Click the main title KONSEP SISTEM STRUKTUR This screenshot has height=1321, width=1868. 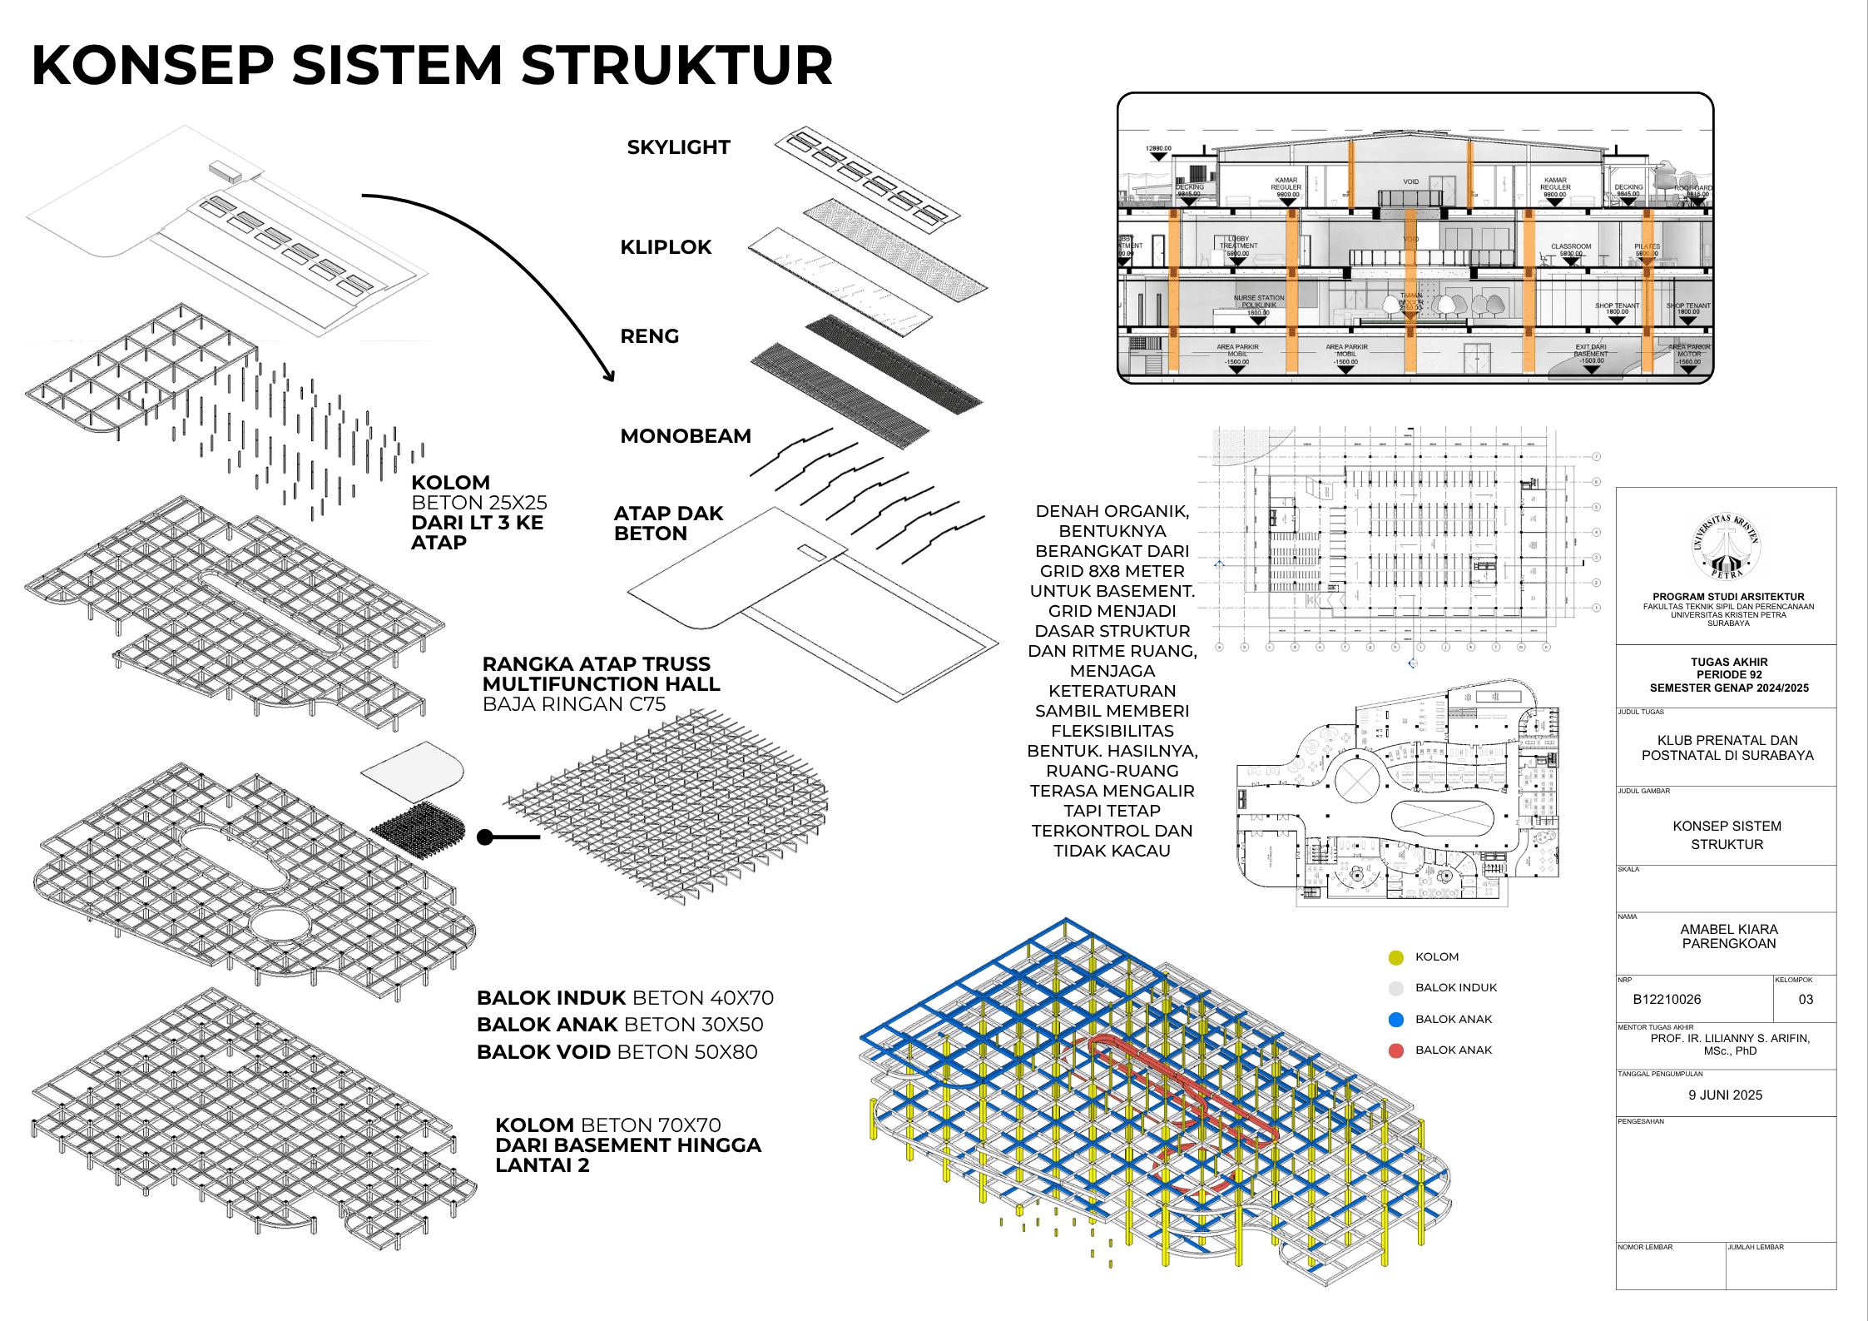[432, 66]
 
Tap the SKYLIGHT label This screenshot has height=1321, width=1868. [678, 147]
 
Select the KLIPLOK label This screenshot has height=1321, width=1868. [666, 247]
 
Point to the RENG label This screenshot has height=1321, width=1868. [650, 336]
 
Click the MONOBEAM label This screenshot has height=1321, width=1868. [686, 436]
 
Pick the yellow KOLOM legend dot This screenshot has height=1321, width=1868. [1396, 957]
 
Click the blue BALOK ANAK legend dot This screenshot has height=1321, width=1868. [1396, 1020]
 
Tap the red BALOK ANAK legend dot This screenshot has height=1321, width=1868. [1396, 1050]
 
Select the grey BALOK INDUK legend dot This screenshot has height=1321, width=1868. [1396, 988]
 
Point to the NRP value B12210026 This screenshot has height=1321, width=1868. [1667, 999]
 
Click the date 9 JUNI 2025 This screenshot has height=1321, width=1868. [1726, 1095]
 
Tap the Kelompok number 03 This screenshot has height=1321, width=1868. [1806, 999]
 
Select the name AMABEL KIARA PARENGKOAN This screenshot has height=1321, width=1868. [1729, 936]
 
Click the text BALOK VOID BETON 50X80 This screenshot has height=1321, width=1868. [617, 1052]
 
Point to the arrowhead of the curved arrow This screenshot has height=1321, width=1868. [610, 377]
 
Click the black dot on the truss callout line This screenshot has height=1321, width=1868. [485, 837]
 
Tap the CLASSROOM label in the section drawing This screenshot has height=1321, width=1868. [1571, 246]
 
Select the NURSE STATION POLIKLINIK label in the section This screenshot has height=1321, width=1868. [1258, 301]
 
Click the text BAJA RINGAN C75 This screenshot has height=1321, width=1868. [574, 704]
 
